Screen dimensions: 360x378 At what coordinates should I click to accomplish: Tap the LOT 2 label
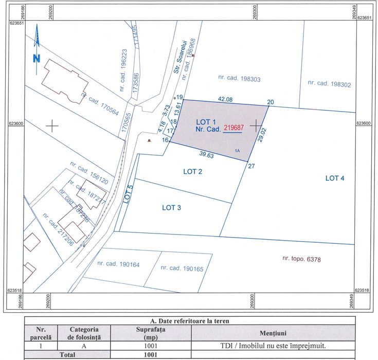(x=192, y=172)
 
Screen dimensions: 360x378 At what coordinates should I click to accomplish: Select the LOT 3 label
(x=171, y=208)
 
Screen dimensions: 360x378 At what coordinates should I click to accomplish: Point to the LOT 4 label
(x=335, y=178)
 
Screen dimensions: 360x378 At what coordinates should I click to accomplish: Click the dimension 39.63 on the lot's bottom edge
(x=207, y=154)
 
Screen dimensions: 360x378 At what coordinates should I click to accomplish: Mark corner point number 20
(x=271, y=101)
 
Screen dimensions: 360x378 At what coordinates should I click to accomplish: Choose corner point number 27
(x=251, y=166)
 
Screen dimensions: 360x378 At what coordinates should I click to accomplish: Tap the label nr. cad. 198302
(x=329, y=83)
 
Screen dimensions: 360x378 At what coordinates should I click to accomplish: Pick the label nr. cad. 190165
(x=181, y=268)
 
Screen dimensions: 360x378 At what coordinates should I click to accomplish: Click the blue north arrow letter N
(x=37, y=58)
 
